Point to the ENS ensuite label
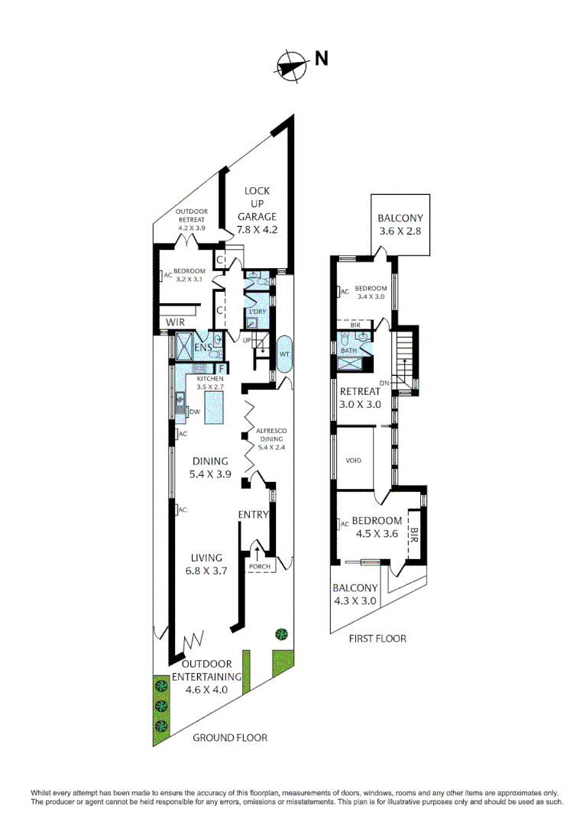(x=202, y=348)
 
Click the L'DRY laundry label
(x=254, y=312)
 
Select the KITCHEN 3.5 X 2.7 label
(x=210, y=383)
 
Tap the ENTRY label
(x=254, y=514)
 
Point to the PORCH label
(x=259, y=566)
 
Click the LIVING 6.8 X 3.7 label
(x=202, y=565)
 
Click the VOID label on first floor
(x=353, y=461)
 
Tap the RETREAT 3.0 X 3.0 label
(x=361, y=398)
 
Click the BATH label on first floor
(x=348, y=351)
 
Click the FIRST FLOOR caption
(x=377, y=639)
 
